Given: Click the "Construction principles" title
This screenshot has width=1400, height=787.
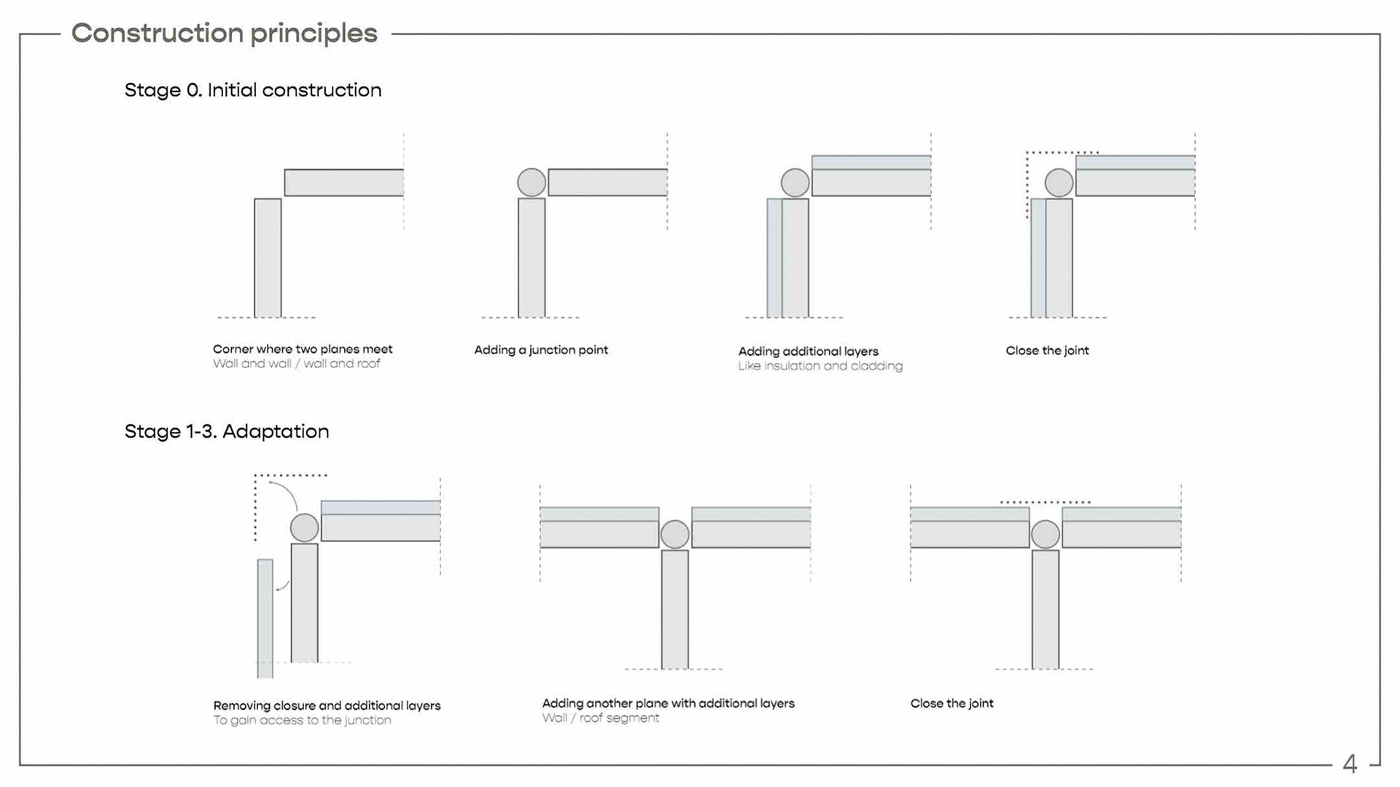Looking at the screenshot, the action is coord(225,34).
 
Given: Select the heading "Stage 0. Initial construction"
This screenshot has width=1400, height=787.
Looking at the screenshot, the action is coord(253,90).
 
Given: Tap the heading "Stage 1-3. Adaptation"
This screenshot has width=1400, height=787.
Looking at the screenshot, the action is coord(227,431).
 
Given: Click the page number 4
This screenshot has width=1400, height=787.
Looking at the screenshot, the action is coord(1350,764).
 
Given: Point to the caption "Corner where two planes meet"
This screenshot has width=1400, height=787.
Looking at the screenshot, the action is coord(303,349).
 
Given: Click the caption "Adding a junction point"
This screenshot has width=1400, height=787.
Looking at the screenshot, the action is coord(541,350).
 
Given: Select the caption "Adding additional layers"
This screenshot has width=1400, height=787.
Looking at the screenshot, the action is coord(809,351).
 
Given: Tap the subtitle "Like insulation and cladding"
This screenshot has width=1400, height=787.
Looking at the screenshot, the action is coord(820,366).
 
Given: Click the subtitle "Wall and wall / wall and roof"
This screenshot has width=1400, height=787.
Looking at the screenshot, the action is coord(297,364).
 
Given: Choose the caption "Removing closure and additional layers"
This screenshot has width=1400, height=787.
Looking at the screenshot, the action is coord(327,705).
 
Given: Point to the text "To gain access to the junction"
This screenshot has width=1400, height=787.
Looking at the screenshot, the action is coord(302,720).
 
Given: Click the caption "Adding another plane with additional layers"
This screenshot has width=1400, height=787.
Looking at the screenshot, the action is coord(668,703).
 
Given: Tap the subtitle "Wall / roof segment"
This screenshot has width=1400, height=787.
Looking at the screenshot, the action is coord(601,718).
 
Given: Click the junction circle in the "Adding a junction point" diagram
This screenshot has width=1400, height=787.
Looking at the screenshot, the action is coord(532,182).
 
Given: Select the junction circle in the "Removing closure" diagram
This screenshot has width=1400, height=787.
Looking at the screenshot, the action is coord(305,528).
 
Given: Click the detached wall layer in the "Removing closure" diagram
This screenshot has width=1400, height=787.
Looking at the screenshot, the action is coord(265,619).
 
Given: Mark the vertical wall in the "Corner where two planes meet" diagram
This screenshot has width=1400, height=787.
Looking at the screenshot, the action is coord(268,258).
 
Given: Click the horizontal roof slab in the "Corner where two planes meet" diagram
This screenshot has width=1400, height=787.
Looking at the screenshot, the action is coord(344,183).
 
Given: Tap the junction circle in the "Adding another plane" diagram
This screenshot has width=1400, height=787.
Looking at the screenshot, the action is coord(674,535).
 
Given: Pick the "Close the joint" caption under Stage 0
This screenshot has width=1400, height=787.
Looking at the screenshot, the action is coord(1047,351).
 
